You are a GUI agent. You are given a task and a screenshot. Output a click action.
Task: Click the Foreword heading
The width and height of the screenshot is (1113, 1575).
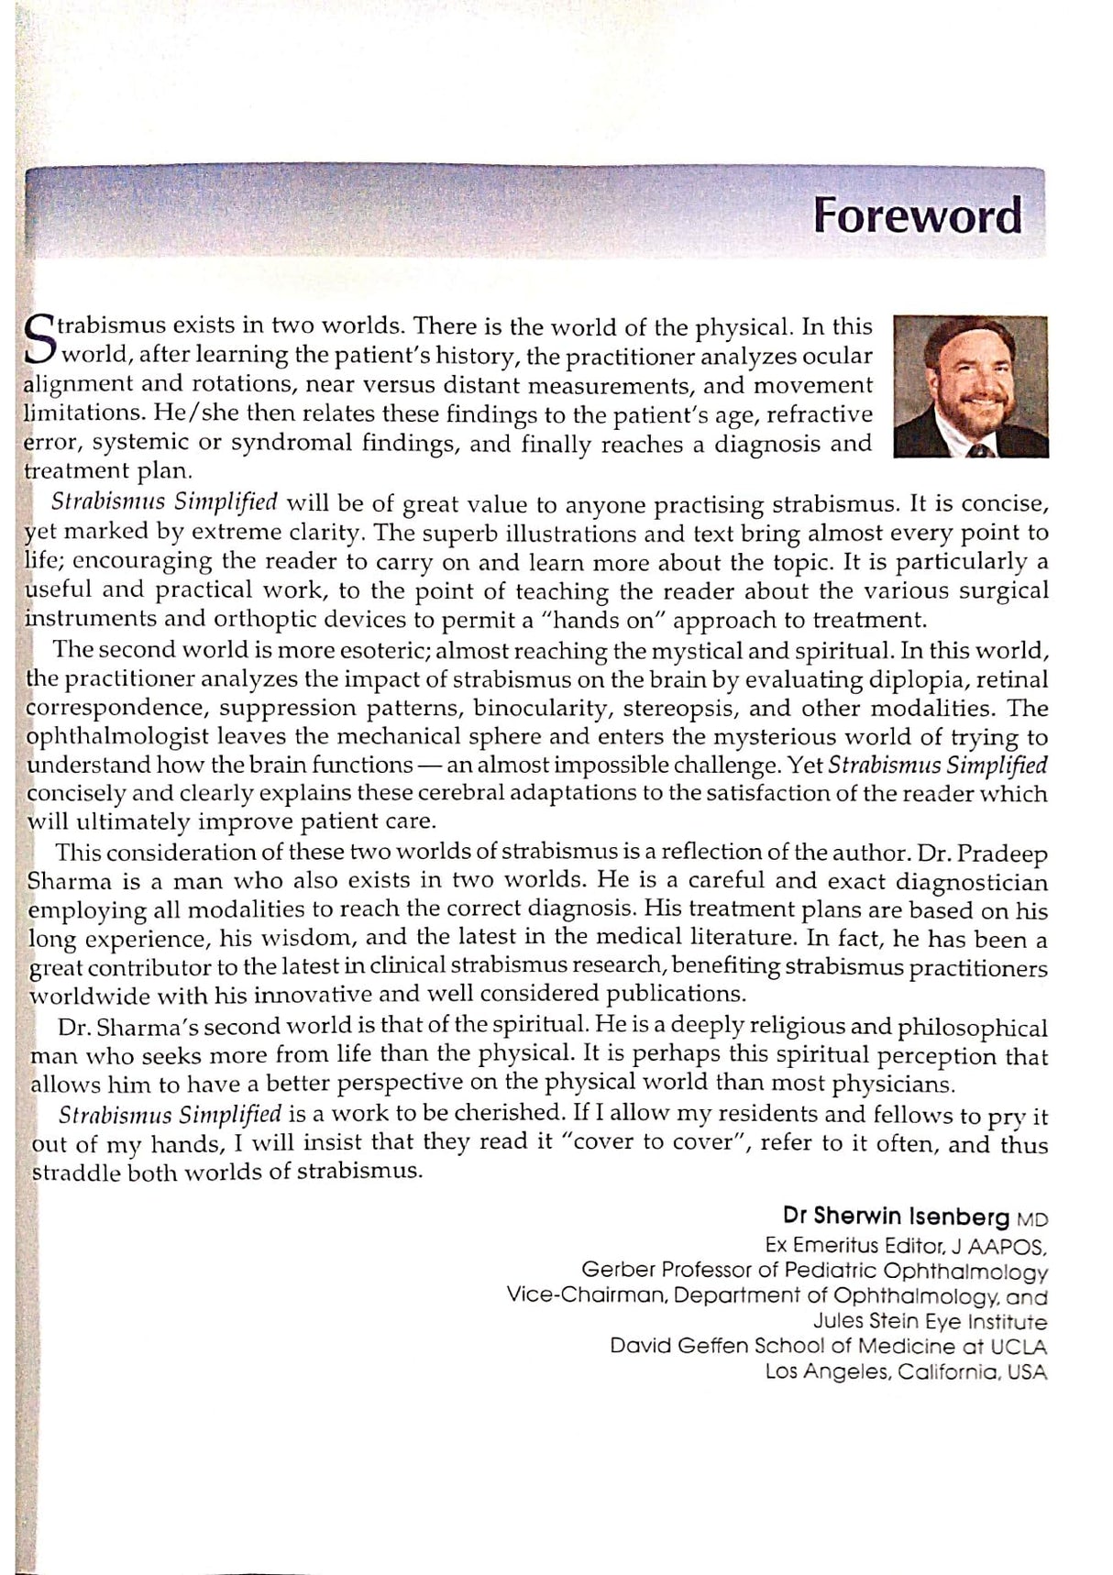coord(918,216)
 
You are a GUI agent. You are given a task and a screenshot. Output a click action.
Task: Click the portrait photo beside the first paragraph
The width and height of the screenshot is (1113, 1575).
coord(971,386)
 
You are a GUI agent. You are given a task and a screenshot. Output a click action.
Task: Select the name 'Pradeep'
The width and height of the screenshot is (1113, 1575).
coord(1002,854)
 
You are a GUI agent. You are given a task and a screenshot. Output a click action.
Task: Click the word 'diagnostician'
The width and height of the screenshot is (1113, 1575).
coord(968,882)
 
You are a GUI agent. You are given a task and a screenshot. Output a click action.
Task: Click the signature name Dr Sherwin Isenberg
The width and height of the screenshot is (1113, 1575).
coord(896,1217)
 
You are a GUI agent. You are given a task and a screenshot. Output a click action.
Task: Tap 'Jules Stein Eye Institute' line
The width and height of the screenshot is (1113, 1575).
coord(930,1322)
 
